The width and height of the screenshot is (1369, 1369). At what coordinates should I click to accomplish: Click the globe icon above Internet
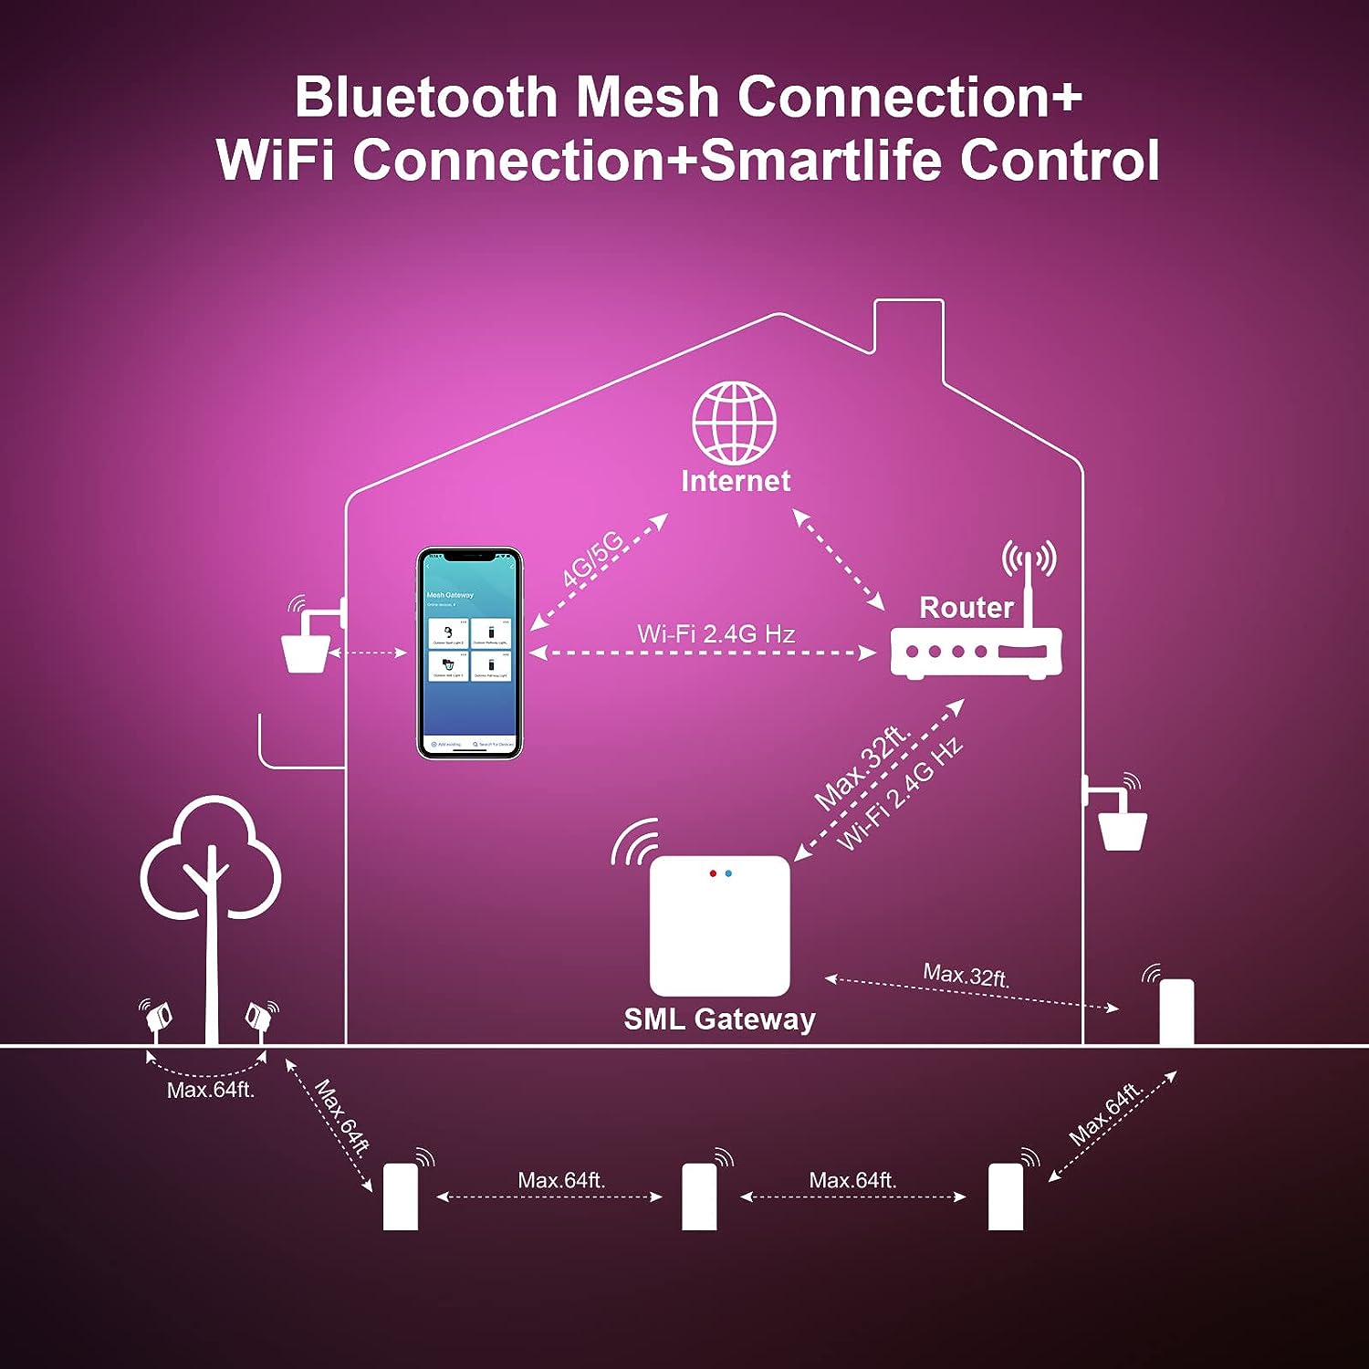tap(734, 423)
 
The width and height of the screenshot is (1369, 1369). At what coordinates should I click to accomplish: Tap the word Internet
tap(736, 481)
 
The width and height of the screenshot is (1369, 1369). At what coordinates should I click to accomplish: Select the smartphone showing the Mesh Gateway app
tap(469, 653)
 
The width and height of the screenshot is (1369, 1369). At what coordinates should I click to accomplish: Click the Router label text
tap(966, 607)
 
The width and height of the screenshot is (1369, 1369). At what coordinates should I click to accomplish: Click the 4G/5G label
tap(592, 558)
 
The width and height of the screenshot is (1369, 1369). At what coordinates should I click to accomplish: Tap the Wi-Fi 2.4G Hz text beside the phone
tap(716, 633)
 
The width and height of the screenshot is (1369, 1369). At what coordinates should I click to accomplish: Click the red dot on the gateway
tap(713, 873)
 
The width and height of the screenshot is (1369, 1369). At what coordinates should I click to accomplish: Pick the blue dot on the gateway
tap(728, 873)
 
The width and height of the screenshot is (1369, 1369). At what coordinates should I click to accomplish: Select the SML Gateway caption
tap(719, 1019)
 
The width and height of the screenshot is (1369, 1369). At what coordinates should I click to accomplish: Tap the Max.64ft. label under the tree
tap(210, 1090)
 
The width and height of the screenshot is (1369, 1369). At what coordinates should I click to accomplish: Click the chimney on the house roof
tap(908, 338)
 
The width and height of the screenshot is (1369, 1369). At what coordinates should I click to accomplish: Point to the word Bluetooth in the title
tap(425, 97)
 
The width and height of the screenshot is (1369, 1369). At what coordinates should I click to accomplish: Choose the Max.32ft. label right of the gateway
tap(966, 975)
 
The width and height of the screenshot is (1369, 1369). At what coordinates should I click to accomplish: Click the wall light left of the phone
tap(307, 648)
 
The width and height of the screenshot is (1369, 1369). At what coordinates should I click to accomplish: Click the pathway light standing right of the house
tap(1176, 1011)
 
